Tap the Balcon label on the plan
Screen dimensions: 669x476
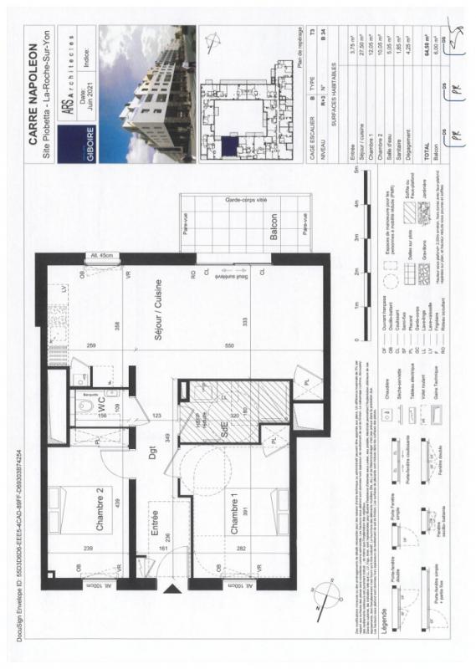(274, 231)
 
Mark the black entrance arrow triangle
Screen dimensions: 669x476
(174, 591)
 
